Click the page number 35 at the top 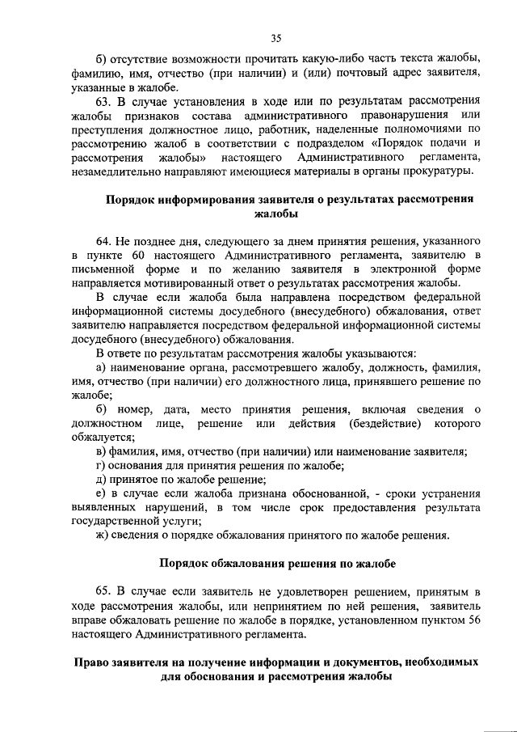[x=275, y=37]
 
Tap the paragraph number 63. [x=104, y=99]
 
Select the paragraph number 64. [x=104, y=242]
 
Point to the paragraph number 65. [x=104, y=592]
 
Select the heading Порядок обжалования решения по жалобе [x=276, y=563]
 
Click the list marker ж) [x=102, y=535]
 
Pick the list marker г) [x=100, y=466]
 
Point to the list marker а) [x=100, y=368]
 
